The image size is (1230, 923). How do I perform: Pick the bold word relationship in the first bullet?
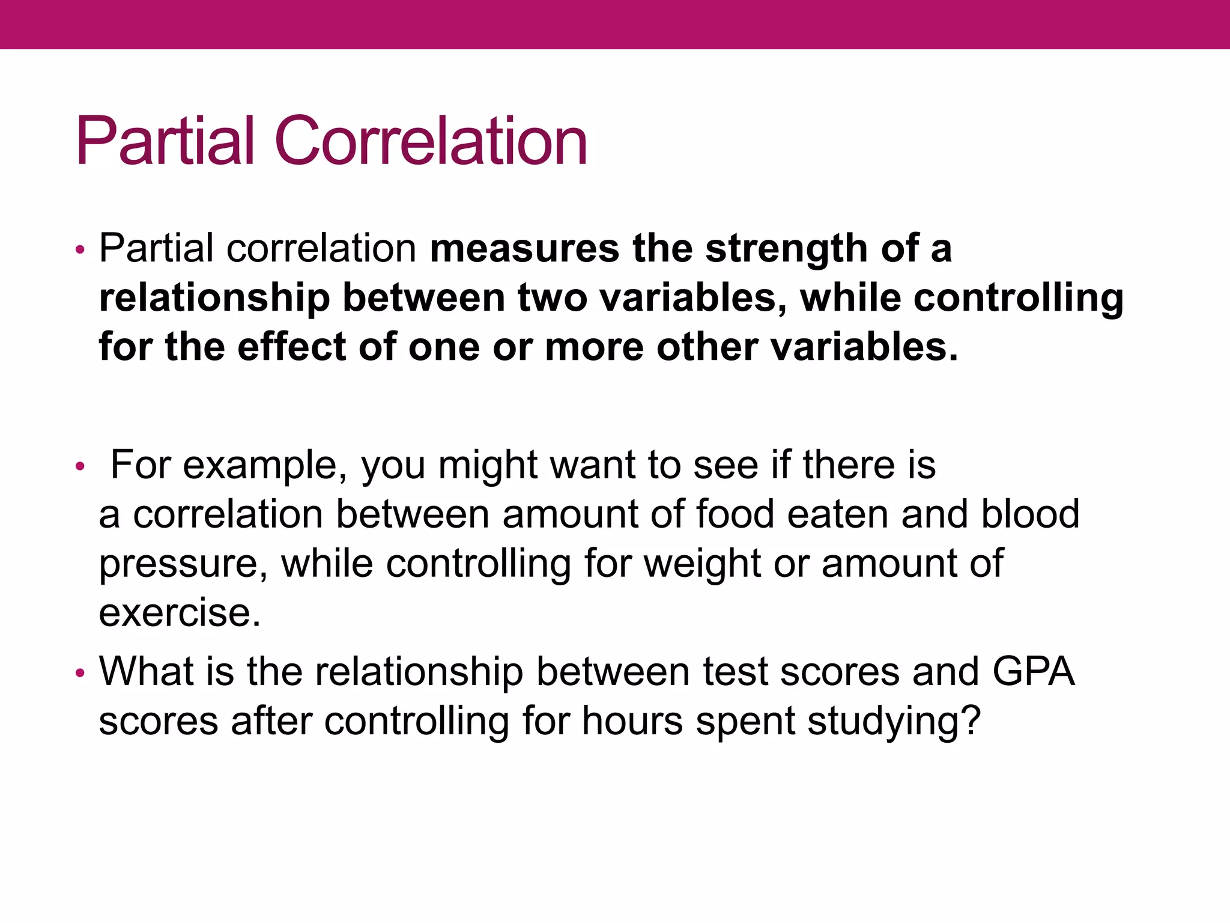[x=214, y=298]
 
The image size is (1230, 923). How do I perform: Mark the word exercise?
[x=180, y=613]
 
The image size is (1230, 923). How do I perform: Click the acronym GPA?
[x=1033, y=671]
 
